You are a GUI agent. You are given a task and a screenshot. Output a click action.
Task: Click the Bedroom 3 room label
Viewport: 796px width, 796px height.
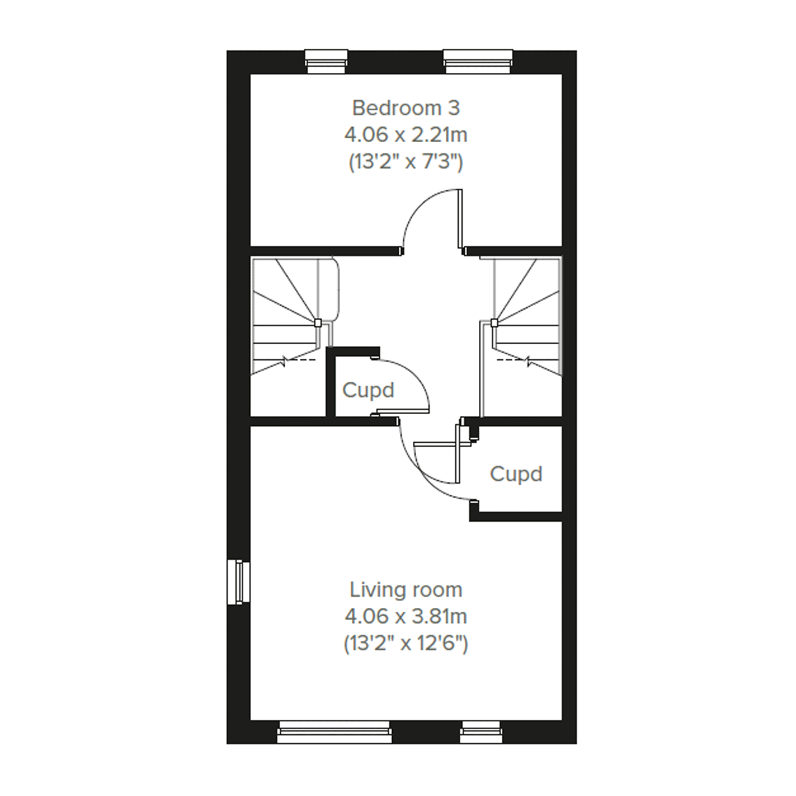click(x=406, y=108)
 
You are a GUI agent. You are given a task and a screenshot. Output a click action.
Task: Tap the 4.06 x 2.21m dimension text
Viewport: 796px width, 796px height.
click(x=406, y=135)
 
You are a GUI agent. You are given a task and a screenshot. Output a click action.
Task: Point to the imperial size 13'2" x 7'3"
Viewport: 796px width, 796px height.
click(x=406, y=162)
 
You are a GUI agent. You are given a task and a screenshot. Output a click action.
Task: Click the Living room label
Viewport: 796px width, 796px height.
click(x=406, y=590)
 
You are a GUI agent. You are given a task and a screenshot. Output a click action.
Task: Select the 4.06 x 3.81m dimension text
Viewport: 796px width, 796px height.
click(x=406, y=617)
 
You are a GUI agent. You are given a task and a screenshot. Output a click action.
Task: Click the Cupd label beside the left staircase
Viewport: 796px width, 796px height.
click(x=368, y=391)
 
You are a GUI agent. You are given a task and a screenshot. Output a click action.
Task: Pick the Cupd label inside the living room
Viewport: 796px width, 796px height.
click(x=516, y=474)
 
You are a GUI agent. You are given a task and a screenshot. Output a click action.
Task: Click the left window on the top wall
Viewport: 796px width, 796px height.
click(x=326, y=62)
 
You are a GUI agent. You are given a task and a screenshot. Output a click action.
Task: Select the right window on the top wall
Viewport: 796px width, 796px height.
click(x=478, y=62)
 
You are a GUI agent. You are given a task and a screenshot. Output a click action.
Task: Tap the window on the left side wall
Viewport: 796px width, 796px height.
click(x=239, y=582)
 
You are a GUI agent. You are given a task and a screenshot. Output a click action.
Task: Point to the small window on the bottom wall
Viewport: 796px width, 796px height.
click(x=481, y=732)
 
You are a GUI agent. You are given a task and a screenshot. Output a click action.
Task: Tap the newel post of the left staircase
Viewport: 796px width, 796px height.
click(x=318, y=323)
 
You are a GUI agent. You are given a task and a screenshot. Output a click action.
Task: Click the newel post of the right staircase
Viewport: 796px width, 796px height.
click(x=494, y=323)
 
